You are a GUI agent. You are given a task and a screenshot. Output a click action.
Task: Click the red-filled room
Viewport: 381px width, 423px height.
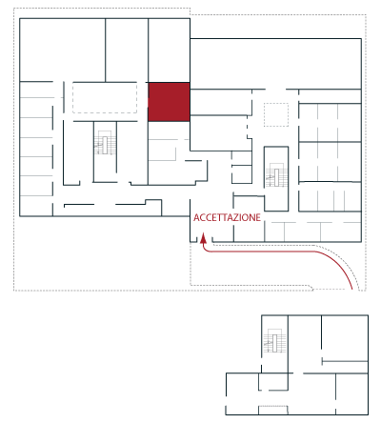(169, 102)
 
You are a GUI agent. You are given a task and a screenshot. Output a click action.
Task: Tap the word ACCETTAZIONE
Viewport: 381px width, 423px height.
(227, 217)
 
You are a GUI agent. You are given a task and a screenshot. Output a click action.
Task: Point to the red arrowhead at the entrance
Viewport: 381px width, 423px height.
(203, 239)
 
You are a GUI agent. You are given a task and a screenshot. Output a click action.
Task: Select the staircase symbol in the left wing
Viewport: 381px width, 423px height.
(105, 143)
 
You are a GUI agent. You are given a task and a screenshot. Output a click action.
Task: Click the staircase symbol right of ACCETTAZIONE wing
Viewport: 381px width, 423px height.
(276, 175)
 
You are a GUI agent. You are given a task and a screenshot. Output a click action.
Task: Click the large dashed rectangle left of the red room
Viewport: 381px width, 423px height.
(105, 98)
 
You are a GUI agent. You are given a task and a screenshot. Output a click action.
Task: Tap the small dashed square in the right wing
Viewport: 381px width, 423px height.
(276, 114)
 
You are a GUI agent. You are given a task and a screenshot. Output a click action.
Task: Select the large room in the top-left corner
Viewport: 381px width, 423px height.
(63, 50)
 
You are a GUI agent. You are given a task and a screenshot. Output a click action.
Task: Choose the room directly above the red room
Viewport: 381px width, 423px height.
(169, 50)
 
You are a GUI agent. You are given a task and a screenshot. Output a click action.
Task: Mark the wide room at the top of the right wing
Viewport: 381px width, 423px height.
(275, 64)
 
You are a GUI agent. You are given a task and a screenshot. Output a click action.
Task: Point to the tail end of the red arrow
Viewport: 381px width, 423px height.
(352, 289)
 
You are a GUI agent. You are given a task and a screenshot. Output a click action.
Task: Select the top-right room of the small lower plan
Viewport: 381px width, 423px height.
(345, 338)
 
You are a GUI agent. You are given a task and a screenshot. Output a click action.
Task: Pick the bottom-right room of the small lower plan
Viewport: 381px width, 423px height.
(351, 393)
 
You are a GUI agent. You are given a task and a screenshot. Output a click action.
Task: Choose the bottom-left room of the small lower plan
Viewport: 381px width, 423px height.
(242, 393)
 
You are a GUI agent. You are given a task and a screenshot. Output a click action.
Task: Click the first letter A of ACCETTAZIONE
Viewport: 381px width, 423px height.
(196, 217)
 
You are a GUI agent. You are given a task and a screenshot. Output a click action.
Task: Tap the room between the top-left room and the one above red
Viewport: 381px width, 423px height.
(127, 50)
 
